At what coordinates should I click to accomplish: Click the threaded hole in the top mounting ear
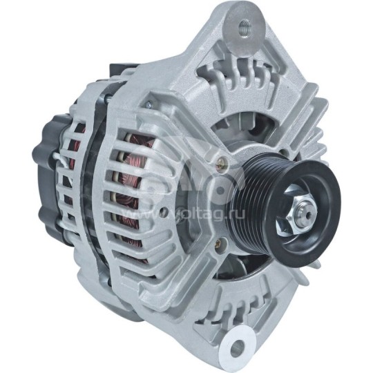[243, 28]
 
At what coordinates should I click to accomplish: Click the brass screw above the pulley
[220, 164]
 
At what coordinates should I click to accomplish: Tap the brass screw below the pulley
[220, 244]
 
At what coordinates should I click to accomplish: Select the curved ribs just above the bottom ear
[242, 304]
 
